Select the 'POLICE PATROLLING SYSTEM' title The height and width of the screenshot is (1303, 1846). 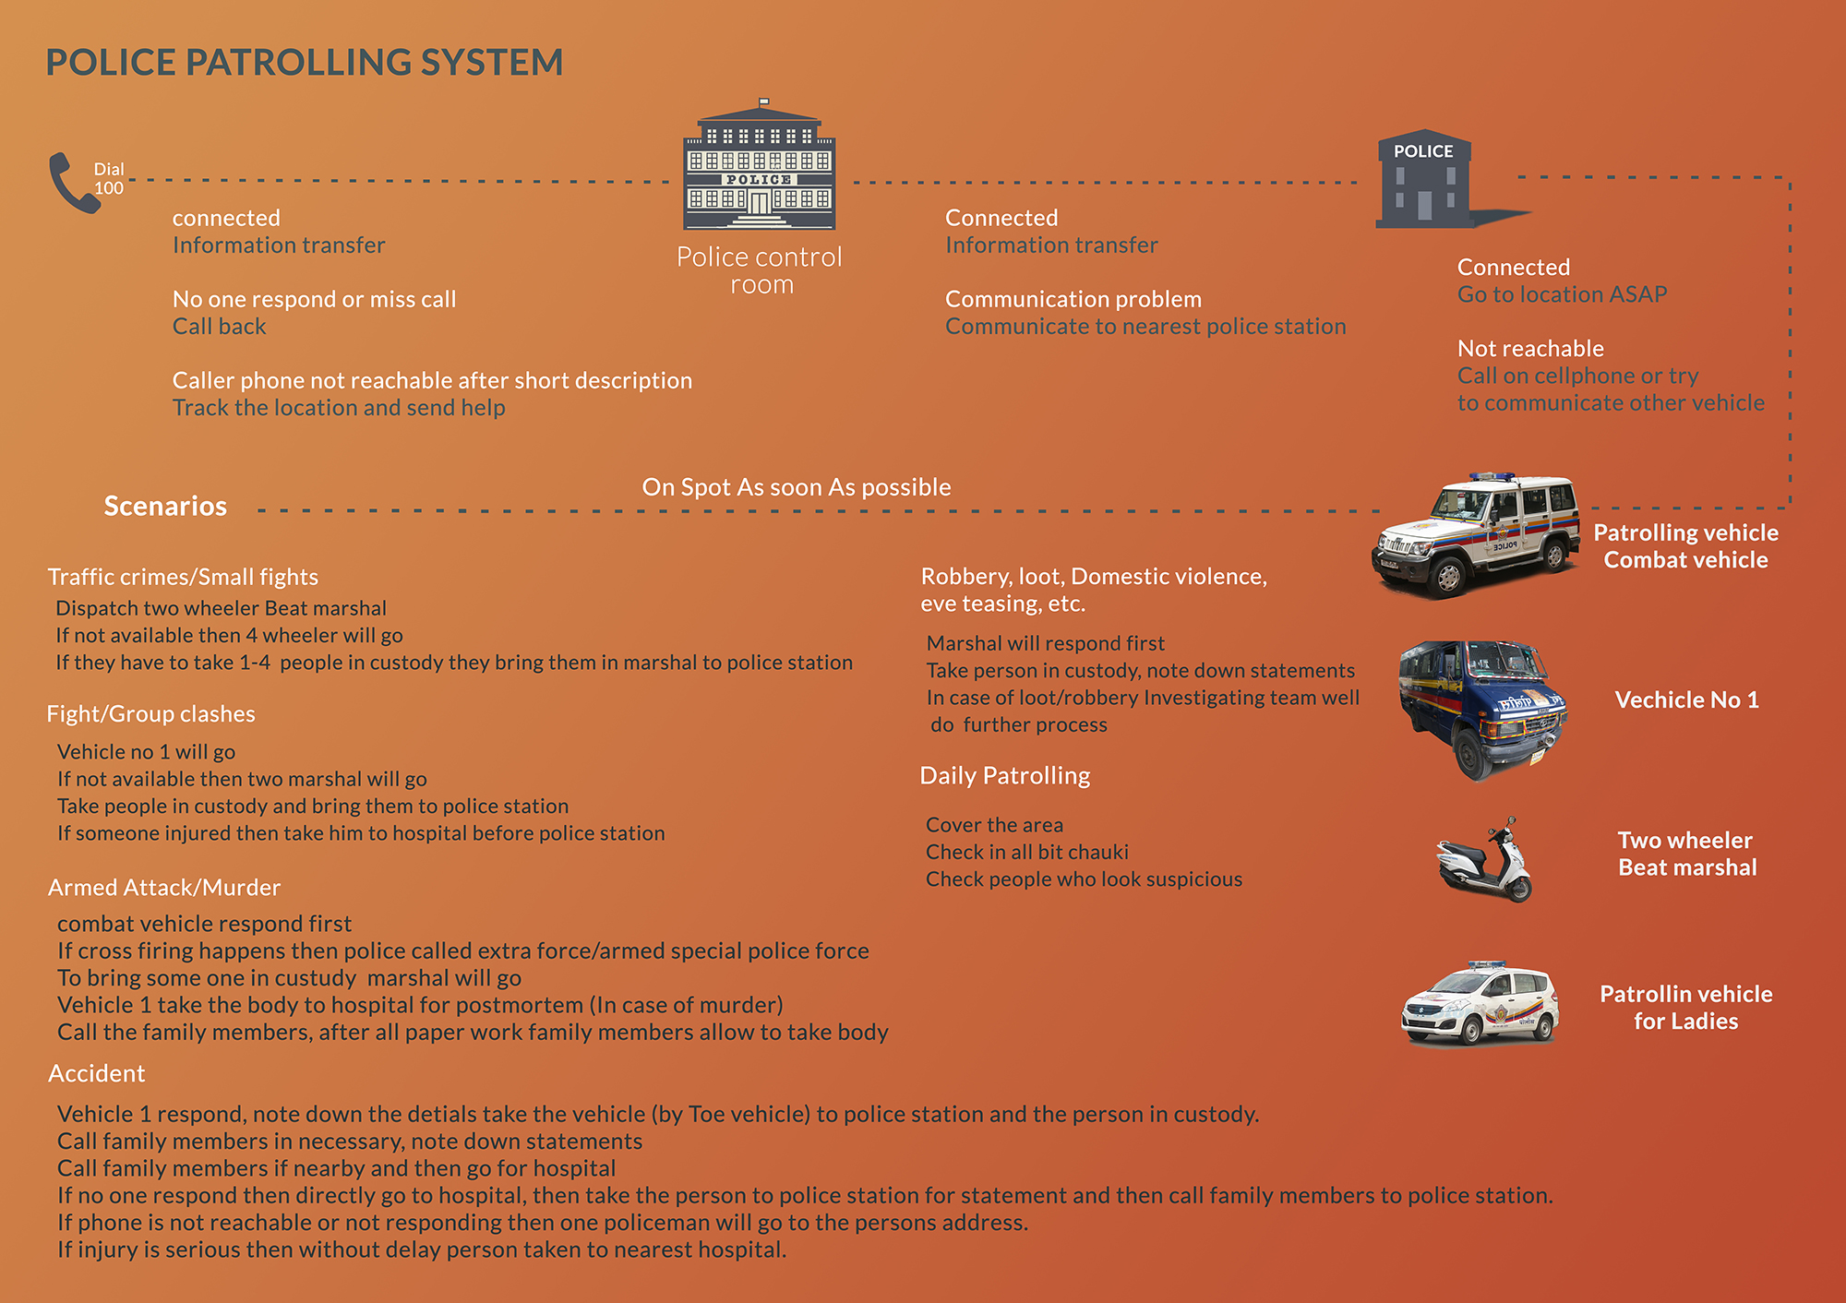pyautogui.click(x=304, y=63)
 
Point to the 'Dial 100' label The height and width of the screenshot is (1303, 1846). pyautogui.click(x=108, y=178)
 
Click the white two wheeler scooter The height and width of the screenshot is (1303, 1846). pyautogui.click(x=1484, y=861)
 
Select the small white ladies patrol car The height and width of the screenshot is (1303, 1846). pyautogui.click(x=1480, y=1005)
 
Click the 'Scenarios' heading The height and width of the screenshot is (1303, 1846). pyautogui.click(x=165, y=506)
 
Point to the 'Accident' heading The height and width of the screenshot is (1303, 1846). pyautogui.click(x=97, y=1073)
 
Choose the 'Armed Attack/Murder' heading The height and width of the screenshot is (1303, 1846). pyautogui.click(x=164, y=887)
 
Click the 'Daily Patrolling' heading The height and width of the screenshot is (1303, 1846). pyautogui.click(x=1004, y=775)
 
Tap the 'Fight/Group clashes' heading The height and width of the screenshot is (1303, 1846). pyautogui.click(x=151, y=713)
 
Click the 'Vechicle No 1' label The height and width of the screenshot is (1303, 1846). pyautogui.click(x=1686, y=699)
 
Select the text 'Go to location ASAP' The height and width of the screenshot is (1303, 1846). pyautogui.click(x=1562, y=294)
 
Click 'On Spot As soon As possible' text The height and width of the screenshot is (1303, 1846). pyautogui.click(x=796, y=487)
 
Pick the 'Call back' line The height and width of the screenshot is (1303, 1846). pyautogui.click(x=219, y=327)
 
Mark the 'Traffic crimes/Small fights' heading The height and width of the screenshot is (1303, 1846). pyautogui.click(x=183, y=577)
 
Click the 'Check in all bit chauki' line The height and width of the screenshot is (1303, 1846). pyautogui.click(x=1026, y=852)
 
